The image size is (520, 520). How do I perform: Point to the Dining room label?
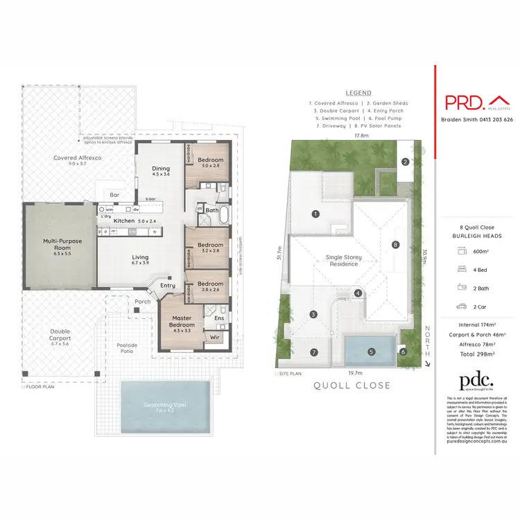pyautogui.click(x=161, y=171)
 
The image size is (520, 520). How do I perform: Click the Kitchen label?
pyautogui.click(x=125, y=220)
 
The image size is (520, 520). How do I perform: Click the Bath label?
pyautogui.click(x=212, y=210)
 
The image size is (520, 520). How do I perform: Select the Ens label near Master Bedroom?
pyautogui.click(x=218, y=319)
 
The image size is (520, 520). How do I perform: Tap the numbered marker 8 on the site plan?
pyautogui.click(x=395, y=244)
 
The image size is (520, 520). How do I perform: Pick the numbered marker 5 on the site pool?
pyautogui.click(x=371, y=352)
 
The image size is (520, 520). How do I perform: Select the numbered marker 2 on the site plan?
pyautogui.click(x=404, y=162)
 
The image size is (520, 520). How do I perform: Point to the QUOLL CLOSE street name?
pyautogui.click(x=353, y=385)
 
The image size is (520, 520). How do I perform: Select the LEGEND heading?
pyautogui.click(x=358, y=93)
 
